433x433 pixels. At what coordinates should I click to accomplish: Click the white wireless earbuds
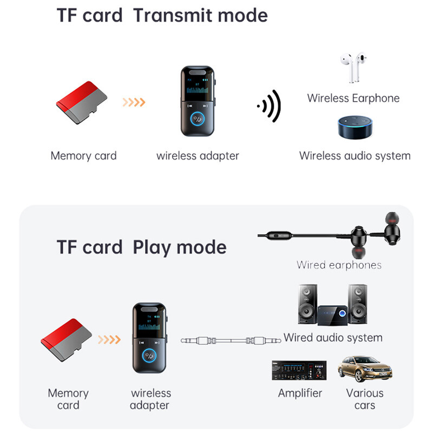click(355, 68)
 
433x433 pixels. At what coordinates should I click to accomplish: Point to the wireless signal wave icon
click(269, 106)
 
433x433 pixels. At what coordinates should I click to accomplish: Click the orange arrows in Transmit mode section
click(133, 102)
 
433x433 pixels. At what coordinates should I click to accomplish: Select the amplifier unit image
click(299, 370)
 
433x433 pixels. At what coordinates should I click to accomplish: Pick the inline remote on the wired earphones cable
click(280, 235)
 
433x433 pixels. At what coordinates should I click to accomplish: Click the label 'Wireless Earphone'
click(353, 98)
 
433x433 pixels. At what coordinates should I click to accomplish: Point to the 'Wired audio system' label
click(333, 338)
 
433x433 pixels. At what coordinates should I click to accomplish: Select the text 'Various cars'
click(364, 399)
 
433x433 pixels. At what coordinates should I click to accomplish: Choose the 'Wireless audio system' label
click(355, 156)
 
